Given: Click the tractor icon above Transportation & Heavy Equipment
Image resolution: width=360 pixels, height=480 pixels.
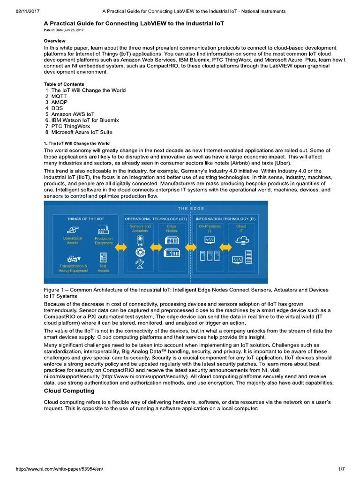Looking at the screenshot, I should tap(73, 258).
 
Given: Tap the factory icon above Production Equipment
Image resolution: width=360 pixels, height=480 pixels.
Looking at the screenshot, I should tap(103, 230).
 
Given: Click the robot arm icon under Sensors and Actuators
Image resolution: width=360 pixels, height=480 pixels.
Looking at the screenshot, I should tap(140, 264).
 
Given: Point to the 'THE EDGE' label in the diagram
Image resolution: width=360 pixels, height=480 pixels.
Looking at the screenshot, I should tap(191, 208).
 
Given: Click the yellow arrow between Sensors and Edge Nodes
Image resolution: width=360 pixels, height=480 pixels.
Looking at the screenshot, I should tap(156, 247).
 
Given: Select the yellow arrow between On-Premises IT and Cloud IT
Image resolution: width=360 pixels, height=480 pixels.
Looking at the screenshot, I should tap(225, 247).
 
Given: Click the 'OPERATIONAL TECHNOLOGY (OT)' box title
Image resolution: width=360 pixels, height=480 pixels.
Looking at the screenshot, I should tap(156, 219).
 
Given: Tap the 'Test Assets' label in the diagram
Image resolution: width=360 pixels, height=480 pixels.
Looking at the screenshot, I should tap(103, 268).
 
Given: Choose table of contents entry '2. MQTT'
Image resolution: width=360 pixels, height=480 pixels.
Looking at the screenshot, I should tap(58, 96).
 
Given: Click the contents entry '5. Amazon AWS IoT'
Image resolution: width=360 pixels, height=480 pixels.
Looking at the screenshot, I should tap(70, 114).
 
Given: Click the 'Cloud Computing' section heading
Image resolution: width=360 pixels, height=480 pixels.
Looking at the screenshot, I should tap(69, 390).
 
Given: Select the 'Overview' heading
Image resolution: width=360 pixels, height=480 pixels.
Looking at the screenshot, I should tap(54, 41).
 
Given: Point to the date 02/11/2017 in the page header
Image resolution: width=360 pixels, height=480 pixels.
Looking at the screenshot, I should tap(17, 11).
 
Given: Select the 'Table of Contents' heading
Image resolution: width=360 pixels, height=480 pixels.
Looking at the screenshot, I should tap(64, 84).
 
